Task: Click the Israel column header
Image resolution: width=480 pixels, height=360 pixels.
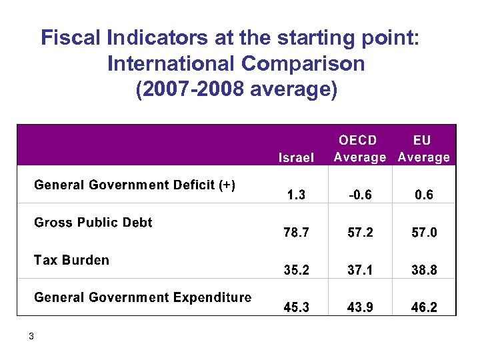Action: coord(296,158)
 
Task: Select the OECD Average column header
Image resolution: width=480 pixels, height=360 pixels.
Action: coord(359,149)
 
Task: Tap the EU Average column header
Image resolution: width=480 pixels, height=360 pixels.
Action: coord(423,149)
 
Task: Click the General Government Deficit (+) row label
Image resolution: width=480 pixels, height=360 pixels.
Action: coord(135,185)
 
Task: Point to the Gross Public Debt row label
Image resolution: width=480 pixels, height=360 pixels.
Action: coord(93,222)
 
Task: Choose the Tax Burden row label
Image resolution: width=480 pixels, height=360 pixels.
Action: coord(71,260)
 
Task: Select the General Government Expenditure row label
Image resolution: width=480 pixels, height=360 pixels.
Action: coord(143,297)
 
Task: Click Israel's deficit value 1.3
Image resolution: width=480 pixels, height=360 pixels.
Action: coord(296,195)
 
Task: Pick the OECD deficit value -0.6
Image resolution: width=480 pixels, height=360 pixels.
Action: coord(359,195)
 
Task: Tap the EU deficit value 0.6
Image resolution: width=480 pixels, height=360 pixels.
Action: coord(423,195)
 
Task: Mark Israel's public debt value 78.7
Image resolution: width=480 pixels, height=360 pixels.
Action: coord(296,233)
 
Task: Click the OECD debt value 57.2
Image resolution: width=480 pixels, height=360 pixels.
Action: coord(359,233)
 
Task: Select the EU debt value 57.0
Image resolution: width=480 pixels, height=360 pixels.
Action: coord(423,233)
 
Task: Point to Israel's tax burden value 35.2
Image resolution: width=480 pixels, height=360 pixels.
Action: coord(296,270)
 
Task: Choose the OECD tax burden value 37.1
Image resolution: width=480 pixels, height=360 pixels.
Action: coord(359,270)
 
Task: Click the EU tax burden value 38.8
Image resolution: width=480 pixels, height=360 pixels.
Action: coord(423,270)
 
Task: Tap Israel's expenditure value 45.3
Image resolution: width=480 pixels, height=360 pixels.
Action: coord(296,307)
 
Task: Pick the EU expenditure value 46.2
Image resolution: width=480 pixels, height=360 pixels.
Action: coord(423,307)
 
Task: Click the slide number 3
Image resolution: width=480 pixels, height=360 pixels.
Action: coord(31,336)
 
